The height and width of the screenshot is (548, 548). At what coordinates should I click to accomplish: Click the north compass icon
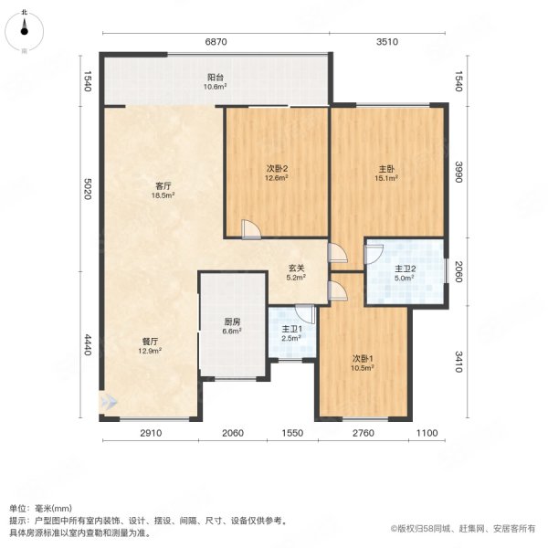tap(25, 25)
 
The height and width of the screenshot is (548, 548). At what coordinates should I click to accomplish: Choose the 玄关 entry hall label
tap(295, 271)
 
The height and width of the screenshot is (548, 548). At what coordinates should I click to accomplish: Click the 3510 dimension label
tap(388, 42)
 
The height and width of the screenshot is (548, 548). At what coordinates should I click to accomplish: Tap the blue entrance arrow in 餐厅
tap(110, 401)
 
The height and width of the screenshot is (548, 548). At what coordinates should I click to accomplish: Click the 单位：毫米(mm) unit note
tap(42, 509)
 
